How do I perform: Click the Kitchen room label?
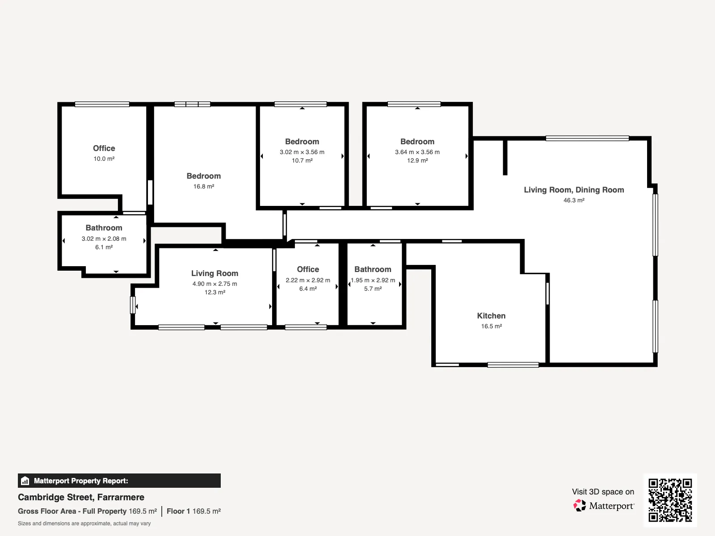pos(491,316)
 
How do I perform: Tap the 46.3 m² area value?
pos(574,200)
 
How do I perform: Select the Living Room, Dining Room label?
pos(574,190)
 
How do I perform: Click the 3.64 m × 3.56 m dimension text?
pos(417,152)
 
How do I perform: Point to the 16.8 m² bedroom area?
pos(204,186)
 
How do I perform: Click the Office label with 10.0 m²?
pos(104,148)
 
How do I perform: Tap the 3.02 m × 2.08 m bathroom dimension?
pos(104,239)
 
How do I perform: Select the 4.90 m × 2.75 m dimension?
pos(214,284)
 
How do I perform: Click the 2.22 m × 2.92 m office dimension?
pos(308,280)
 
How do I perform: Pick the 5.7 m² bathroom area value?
pos(373,289)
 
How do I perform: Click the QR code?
pos(670,500)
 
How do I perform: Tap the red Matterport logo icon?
pos(580,506)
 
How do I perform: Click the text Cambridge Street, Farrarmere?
pos(81,497)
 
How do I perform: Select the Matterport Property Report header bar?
pos(119,481)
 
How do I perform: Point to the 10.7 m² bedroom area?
pos(302,160)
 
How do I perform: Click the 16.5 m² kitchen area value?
pos(491,326)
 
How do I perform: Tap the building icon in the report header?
pos(25,481)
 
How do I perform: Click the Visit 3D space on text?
pos(603,492)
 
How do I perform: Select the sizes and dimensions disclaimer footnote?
pos(84,523)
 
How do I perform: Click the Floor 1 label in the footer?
pos(178,511)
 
